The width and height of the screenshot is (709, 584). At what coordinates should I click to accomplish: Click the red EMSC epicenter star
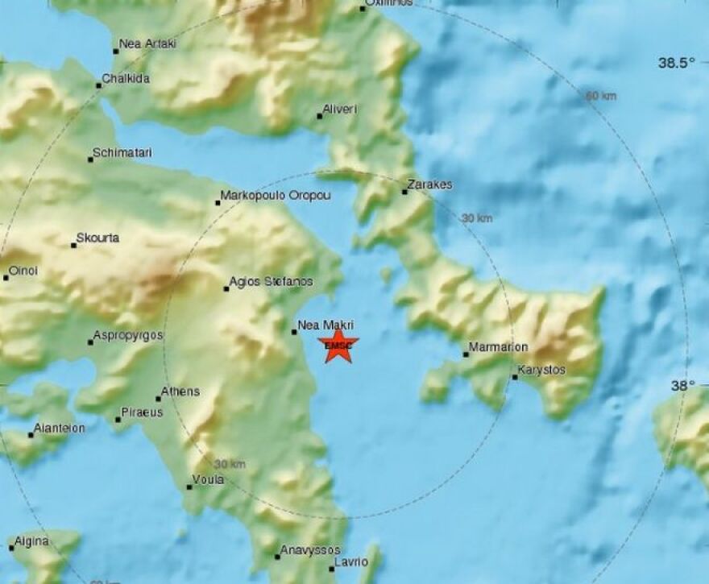[338, 346]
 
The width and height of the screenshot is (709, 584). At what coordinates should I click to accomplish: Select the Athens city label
[180, 392]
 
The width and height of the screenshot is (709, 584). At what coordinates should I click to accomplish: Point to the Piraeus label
[142, 412]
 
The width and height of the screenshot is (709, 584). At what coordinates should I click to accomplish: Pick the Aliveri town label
[340, 109]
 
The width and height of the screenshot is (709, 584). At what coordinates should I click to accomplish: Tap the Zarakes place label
[430, 185]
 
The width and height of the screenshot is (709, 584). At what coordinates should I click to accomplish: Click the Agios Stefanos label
[271, 282]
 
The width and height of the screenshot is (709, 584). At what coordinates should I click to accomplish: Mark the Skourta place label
[97, 239]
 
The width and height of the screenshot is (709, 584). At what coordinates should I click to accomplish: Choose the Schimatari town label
[122, 153]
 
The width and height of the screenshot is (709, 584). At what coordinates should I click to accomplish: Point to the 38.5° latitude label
[676, 63]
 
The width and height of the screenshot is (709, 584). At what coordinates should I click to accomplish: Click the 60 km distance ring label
[601, 97]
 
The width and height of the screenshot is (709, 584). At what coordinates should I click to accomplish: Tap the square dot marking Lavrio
[330, 569]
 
